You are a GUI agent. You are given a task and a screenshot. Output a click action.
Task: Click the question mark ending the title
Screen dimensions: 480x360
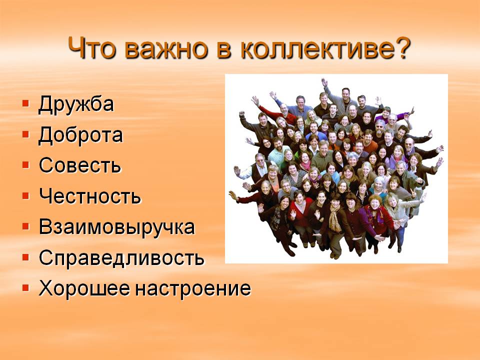(x=400, y=48)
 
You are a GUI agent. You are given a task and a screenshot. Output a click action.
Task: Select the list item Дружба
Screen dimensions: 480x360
(x=76, y=104)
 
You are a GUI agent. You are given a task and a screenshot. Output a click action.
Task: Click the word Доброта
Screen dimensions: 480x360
(x=80, y=135)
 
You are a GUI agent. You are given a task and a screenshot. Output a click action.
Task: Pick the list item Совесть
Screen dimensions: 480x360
(x=80, y=165)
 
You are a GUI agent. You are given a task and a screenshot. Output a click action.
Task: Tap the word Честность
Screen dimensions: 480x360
(x=90, y=196)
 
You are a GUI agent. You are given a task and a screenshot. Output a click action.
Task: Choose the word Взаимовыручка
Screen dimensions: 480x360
(x=116, y=227)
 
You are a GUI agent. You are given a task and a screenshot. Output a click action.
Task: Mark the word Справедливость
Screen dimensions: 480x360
(x=121, y=258)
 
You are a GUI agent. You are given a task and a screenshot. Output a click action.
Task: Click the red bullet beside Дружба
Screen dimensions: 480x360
(x=25, y=102)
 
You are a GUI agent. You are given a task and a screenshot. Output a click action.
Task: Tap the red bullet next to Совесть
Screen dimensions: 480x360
(x=25, y=164)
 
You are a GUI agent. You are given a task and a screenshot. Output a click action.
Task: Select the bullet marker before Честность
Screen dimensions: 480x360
(x=25, y=195)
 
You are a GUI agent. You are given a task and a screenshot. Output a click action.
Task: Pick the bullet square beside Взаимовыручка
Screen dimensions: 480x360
(x=25, y=226)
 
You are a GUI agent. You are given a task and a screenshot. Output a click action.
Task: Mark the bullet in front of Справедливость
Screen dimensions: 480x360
(x=25, y=256)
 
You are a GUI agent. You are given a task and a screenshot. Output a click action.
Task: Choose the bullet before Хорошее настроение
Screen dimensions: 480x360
(x=25, y=287)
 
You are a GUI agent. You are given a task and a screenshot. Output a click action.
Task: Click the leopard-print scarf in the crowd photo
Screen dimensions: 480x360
(x=335, y=219)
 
